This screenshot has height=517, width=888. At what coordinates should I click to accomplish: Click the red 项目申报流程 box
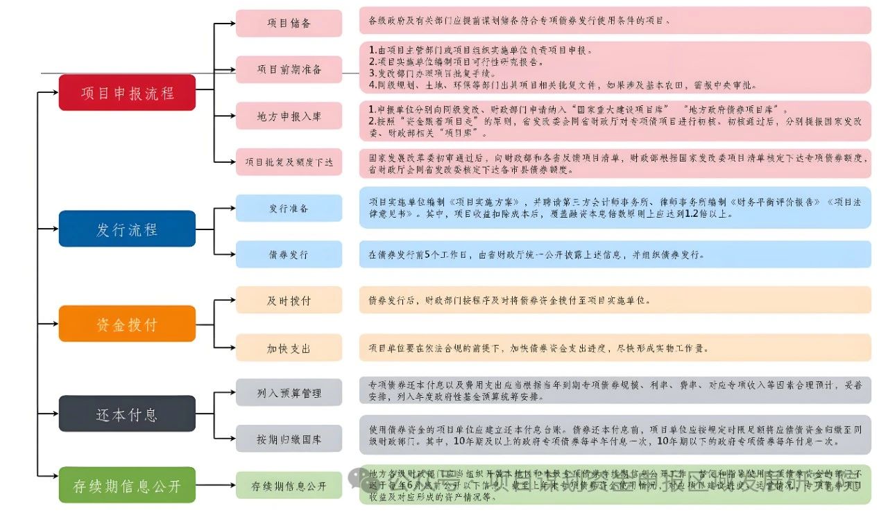127,92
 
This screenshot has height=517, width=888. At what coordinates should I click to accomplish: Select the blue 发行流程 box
127,229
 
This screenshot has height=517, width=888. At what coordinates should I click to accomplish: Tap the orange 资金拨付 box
127,324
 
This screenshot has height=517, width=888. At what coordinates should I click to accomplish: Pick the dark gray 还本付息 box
127,414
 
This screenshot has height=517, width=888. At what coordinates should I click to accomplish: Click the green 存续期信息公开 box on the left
127,486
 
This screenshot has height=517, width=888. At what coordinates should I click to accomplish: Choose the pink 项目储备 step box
289,24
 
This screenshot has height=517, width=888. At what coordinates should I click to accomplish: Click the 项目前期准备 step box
289,69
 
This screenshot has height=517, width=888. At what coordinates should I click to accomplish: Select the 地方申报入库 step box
289,116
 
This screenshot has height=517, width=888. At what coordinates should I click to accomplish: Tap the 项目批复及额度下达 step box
289,162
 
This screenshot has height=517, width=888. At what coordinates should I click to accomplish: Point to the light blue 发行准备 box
289,208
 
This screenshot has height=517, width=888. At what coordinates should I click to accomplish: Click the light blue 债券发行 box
289,254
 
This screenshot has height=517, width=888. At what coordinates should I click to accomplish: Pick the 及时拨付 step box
289,301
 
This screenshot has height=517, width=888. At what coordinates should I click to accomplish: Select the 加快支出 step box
289,348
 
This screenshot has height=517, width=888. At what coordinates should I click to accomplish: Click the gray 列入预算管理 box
289,393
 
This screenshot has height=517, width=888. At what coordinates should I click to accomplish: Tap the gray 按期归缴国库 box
289,439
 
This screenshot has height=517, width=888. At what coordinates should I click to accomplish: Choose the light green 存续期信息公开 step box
289,486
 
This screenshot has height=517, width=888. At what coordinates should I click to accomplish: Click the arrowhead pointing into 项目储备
232,24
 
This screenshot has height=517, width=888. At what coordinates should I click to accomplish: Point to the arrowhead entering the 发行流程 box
55,229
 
